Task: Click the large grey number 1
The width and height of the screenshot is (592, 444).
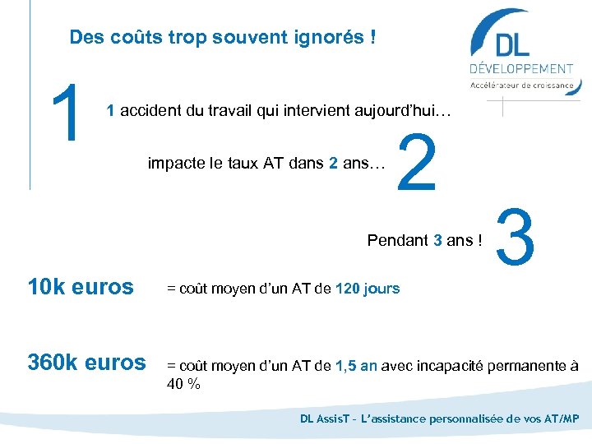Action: pyautogui.click(x=68, y=112)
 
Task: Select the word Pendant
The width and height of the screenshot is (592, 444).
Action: pyautogui.click(x=398, y=240)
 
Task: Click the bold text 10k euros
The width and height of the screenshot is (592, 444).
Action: pyautogui.click(x=80, y=287)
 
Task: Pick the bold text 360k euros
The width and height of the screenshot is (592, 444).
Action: pyautogui.click(x=86, y=363)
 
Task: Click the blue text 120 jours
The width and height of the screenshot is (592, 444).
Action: pyautogui.click(x=368, y=289)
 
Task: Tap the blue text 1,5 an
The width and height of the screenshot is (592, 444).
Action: pyautogui.click(x=356, y=366)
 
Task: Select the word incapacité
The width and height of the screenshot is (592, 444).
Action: pyautogui.click(x=447, y=366)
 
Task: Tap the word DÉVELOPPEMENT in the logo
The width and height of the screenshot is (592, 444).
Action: pyautogui.click(x=521, y=69)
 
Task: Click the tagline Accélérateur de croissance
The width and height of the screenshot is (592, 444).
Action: pyautogui.click(x=521, y=85)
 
